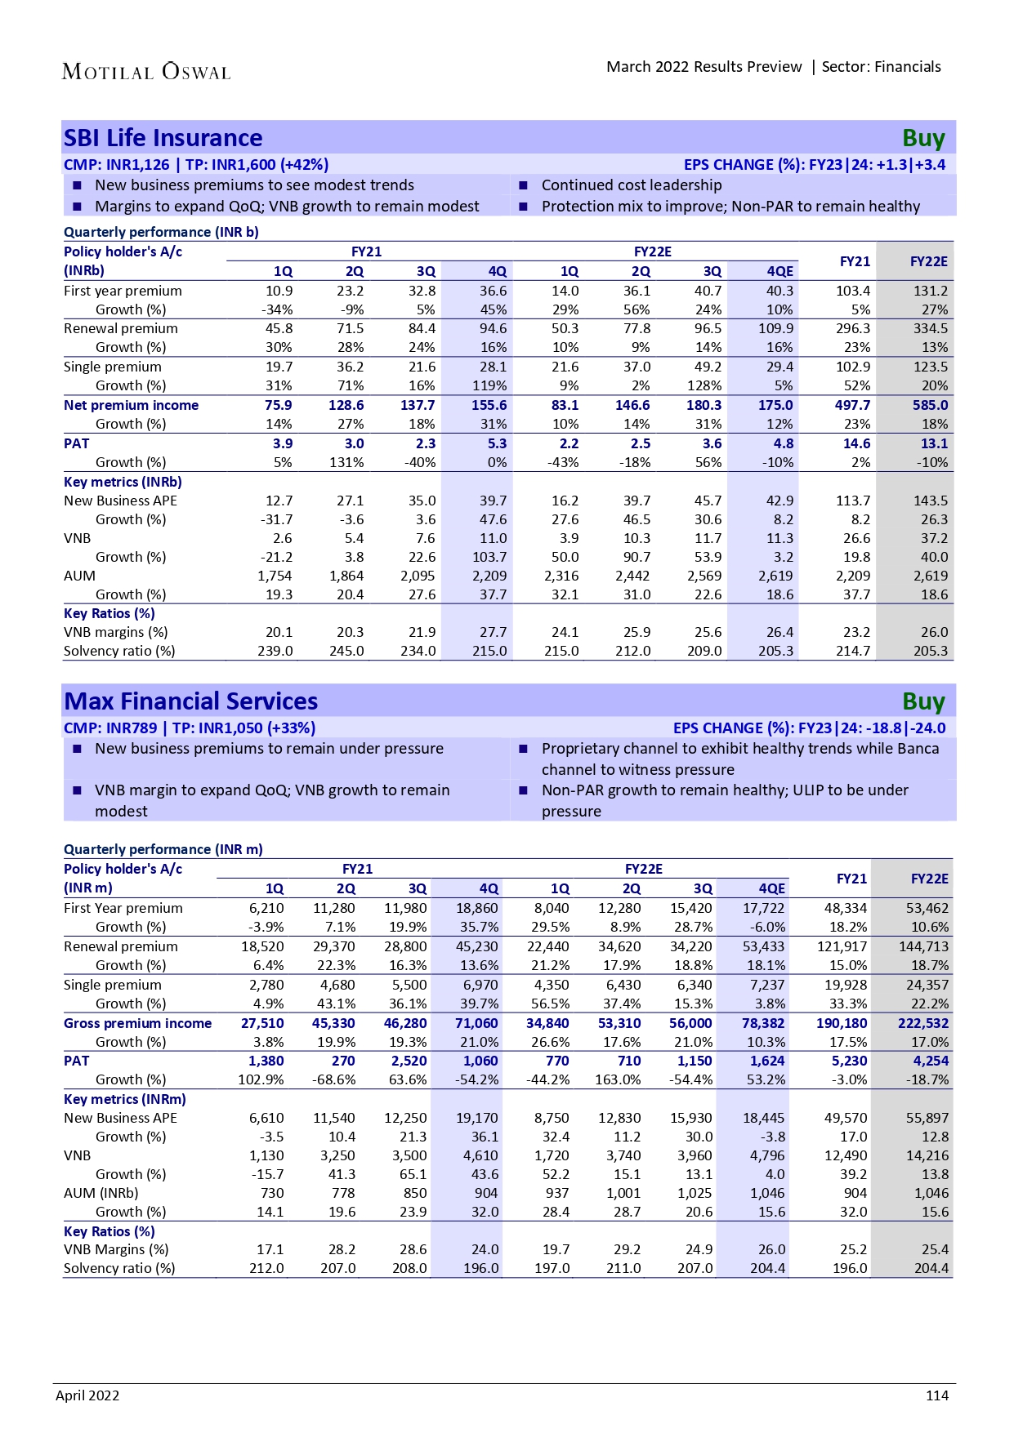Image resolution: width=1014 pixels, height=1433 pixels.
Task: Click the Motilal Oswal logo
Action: [x=146, y=72]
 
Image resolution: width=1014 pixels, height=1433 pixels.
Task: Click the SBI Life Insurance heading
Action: [x=163, y=138]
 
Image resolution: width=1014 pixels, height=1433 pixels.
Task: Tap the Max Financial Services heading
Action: [x=191, y=701]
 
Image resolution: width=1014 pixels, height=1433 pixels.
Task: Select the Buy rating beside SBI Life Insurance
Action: [x=923, y=139]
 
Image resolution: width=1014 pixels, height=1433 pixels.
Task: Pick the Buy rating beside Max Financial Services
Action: [x=923, y=702]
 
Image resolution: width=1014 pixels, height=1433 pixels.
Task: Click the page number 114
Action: [x=936, y=1395]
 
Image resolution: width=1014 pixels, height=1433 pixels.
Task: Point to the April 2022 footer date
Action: [x=87, y=1395]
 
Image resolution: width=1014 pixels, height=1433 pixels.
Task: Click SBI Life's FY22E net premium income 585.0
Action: [x=930, y=405]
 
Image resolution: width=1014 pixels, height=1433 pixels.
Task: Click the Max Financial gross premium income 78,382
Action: [x=762, y=1023]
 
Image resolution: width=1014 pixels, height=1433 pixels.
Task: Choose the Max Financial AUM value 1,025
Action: [x=695, y=1193]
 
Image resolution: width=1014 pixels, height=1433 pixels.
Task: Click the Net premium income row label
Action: [x=131, y=405]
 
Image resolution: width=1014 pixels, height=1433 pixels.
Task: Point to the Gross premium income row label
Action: [x=137, y=1023]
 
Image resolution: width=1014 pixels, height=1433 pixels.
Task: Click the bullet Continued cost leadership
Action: [x=632, y=185]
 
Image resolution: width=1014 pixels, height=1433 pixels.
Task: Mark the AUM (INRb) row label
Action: [x=101, y=1193]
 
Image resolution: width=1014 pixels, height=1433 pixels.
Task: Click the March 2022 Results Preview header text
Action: [x=704, y=67]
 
